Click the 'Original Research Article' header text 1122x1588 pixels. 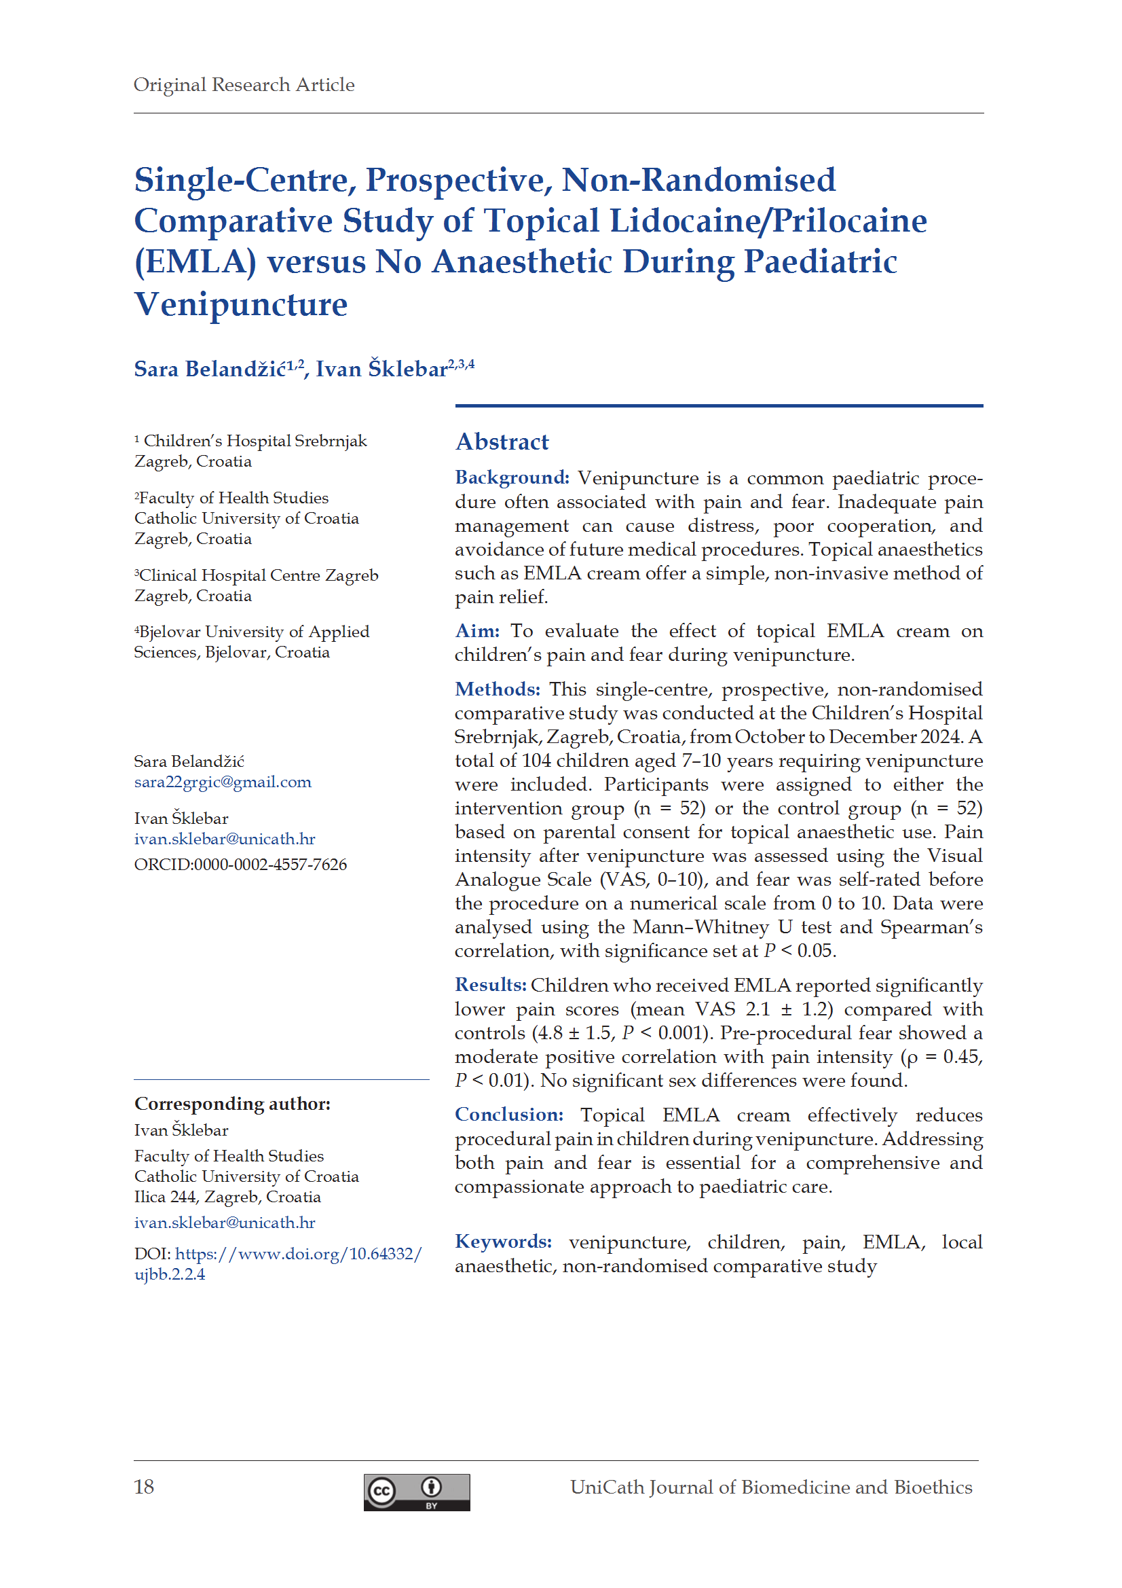(x=244, y=85)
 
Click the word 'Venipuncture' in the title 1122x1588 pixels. (x=240, y=304)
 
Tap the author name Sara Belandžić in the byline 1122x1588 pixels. (x=210, y=369)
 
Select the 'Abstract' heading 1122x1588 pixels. (x=502, y=442)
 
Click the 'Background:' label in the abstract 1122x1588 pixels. (x=512, y=478)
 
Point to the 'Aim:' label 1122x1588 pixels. (x=477, y=631)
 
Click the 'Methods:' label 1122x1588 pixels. (x=497, y=689)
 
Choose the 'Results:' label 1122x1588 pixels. (x=490, y=985)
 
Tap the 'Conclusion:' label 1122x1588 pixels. (x=509, y=1115)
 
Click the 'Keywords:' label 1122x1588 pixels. (x=503, y=1242)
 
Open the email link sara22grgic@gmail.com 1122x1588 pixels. (x=223, y=782)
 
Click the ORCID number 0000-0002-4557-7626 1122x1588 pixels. (x=270, y=865)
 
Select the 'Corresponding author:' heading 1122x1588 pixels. (x=232, y=1104)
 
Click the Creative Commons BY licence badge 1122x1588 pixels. (x=417, y=1492)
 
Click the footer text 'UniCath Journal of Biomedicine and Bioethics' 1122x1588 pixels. (x=771, y=1487)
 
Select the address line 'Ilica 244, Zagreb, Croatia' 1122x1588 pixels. (x=227, y=1197)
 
